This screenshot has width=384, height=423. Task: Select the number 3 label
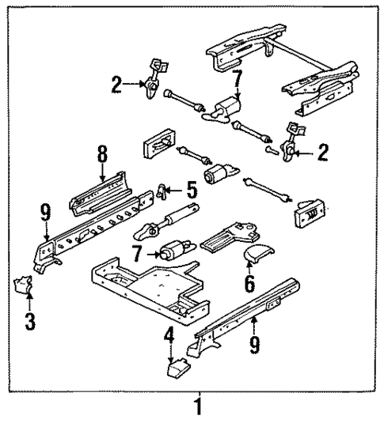(29, 323)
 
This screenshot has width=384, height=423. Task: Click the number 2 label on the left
(116, 84)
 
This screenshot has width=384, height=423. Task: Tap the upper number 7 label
(235, 79)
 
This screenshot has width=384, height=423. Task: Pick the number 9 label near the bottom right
(254, 346)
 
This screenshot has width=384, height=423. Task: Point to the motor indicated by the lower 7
(173, 252)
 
